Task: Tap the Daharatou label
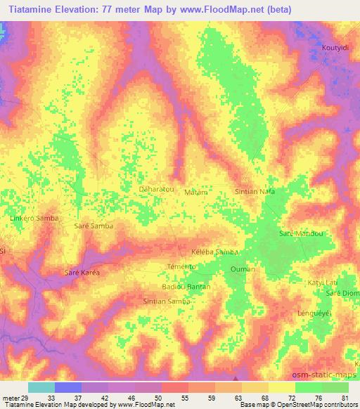tap(156, 190)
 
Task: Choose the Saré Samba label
tap(93, 226)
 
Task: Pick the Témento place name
tap(181, 266)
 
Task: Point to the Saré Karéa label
tap(82, 271)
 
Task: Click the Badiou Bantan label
tap(186, 287)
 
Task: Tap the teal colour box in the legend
tap(41, 387)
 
